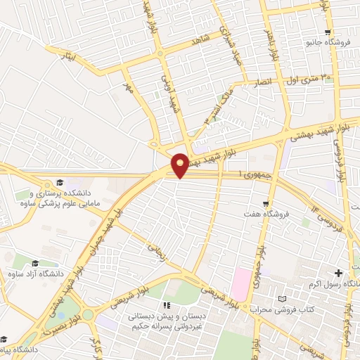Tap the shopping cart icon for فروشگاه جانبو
pyautogui.click(x=328, y=32)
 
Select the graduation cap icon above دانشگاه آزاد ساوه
pyautogui.click(x=35, y=263)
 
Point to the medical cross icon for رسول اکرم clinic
pyautogui.click(x=339, y=272)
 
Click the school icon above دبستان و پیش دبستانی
pyautogui.click(x=167, y=305)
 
